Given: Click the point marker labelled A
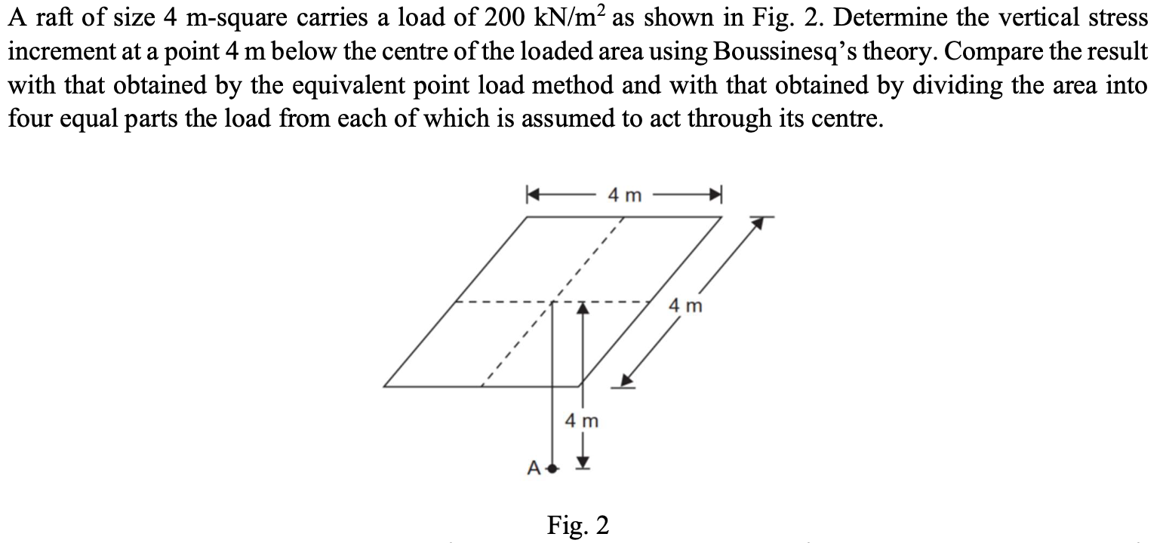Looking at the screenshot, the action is (553, 469).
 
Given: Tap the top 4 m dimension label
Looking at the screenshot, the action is (625, 195).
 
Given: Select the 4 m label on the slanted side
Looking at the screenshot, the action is (685, 306).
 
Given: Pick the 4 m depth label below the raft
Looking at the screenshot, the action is (582, 420).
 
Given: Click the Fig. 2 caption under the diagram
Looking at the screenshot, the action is (578, 526).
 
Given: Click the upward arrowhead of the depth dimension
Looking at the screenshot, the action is (583, 308).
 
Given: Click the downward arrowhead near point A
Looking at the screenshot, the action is (583, 463).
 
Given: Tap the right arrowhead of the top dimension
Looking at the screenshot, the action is (715, 195).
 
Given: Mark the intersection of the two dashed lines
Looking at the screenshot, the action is (552, 302).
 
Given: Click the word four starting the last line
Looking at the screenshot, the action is (29, 118).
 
